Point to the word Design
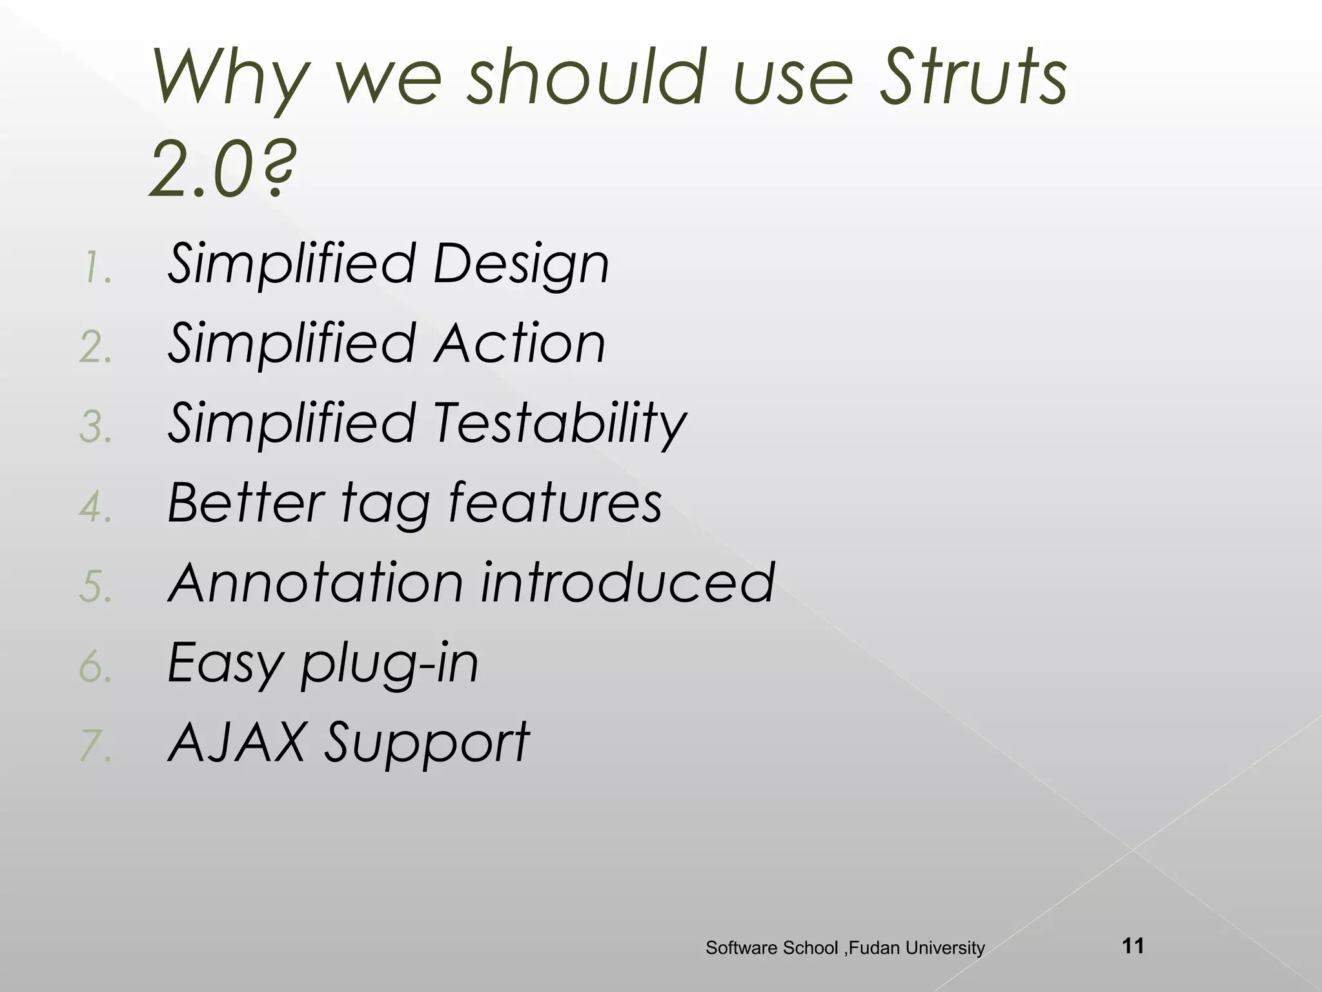[520, 265]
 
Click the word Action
[519, 344]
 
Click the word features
[555, 502]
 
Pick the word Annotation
[316, 583]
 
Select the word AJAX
[236, 743]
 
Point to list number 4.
[96, 507]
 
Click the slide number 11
[1134, 946]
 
